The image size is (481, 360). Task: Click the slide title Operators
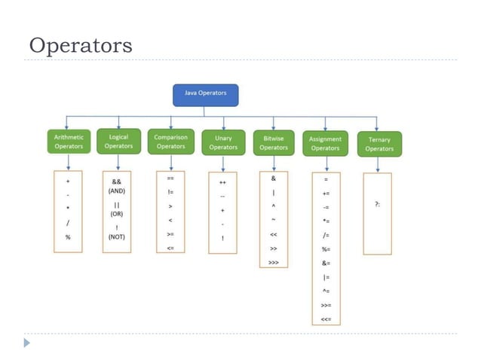81,45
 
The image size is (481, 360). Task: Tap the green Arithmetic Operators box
69,142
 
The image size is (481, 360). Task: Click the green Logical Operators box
118,141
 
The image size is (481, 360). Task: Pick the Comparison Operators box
170,142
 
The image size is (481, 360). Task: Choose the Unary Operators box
223,142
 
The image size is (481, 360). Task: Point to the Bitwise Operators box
274,142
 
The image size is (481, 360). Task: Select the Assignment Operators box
326,143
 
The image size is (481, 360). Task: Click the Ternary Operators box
379,144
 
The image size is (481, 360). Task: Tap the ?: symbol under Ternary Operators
377,203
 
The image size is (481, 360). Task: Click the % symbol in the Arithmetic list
68,237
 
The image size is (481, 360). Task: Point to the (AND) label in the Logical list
117,191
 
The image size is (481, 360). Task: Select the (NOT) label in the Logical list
117,236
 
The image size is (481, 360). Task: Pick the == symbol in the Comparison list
170,178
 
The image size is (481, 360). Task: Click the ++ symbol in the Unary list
222,183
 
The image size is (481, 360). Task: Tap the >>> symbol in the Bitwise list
273,263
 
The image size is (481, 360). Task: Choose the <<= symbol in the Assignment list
326,319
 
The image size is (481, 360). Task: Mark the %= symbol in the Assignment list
326,249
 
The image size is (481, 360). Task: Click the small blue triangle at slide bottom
27,343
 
